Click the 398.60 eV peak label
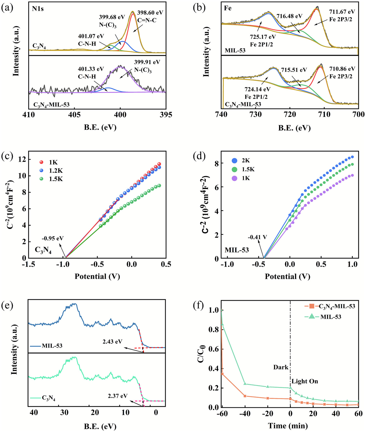coord(150,13)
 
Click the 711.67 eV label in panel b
coord(342,12)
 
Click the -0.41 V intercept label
coord(257,237)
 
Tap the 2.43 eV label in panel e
coord(112,342)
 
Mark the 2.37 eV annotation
coord(118,396)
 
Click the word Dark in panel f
coord(281,367)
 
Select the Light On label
coord(305,381)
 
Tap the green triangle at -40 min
coord(245,384)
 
